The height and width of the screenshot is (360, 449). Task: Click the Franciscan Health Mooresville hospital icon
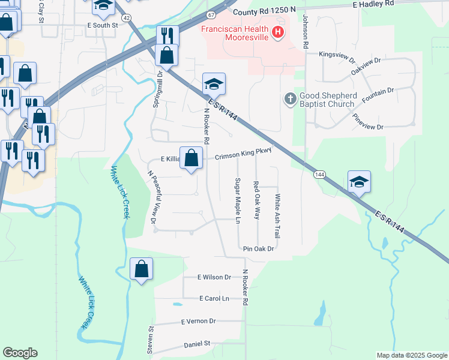(278, 32)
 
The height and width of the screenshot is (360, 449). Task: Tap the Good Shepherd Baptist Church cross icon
(290, 99)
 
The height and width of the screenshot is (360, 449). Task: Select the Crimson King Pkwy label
(243, 152)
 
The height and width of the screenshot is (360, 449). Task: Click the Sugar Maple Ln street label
(238, 201)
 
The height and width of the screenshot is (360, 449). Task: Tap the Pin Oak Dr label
(259, 248)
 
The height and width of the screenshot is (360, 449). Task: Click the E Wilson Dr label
(214, 277)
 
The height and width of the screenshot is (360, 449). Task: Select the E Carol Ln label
(214, 298)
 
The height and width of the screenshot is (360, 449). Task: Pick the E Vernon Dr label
(198, 322)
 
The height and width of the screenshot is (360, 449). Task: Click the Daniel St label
(196, 344)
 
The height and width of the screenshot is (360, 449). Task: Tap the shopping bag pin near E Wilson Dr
(141, 269)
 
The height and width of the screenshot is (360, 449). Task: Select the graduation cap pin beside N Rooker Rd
(214, 84)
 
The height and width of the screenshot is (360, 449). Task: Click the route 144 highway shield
(319, 174)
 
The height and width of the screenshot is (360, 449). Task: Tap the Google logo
(20, 353)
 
